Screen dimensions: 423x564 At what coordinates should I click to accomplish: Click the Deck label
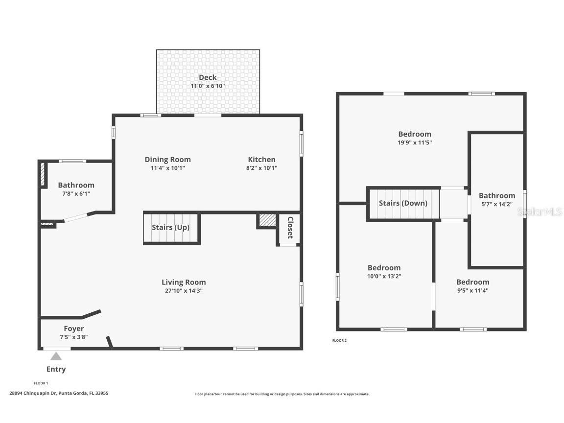208,77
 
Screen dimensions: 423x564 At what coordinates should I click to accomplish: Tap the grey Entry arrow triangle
56,356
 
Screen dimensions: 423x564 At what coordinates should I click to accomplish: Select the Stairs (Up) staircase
171,228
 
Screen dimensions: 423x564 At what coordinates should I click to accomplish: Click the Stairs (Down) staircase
403,203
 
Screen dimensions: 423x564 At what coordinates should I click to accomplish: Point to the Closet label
290,228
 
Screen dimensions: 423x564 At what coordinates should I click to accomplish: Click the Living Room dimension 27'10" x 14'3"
184,291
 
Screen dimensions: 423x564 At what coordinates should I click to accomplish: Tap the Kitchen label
261,160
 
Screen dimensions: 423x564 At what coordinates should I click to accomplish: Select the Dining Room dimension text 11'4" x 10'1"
168,168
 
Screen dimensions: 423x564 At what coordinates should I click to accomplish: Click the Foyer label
73,329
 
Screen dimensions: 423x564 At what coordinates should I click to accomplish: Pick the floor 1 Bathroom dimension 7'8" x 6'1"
76,193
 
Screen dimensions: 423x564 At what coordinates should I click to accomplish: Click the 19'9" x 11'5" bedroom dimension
415,142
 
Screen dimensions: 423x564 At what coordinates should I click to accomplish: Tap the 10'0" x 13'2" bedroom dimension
384,276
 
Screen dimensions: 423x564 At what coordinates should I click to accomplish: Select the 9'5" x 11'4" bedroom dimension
472,290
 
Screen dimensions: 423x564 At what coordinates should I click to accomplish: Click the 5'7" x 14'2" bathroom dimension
497,204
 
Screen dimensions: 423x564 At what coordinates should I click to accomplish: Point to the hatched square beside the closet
267,220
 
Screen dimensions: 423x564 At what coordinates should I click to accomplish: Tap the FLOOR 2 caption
339,341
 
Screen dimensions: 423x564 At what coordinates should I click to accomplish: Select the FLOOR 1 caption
41,383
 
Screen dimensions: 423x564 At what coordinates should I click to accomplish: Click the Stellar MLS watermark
541,212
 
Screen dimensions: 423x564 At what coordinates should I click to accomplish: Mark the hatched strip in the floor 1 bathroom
43,174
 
